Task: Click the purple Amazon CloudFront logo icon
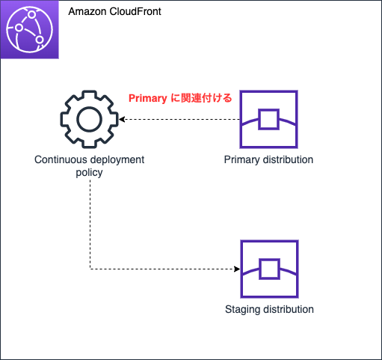click(30, 30)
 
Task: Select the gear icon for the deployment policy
click(90, 119)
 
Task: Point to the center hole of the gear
click(90, 119)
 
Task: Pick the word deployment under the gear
click(117, 159)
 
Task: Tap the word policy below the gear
click(89, 172)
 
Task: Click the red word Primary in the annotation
click(148, 98)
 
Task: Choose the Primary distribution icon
click(268, 120)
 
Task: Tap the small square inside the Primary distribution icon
click(268, 119)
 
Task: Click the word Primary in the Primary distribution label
click(241, 159)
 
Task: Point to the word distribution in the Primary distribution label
click(287, 159)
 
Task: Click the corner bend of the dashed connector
click(90, 269)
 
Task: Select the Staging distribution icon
click(268, 269)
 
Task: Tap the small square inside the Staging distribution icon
click(268, 269)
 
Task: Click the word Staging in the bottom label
click(241, 309)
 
